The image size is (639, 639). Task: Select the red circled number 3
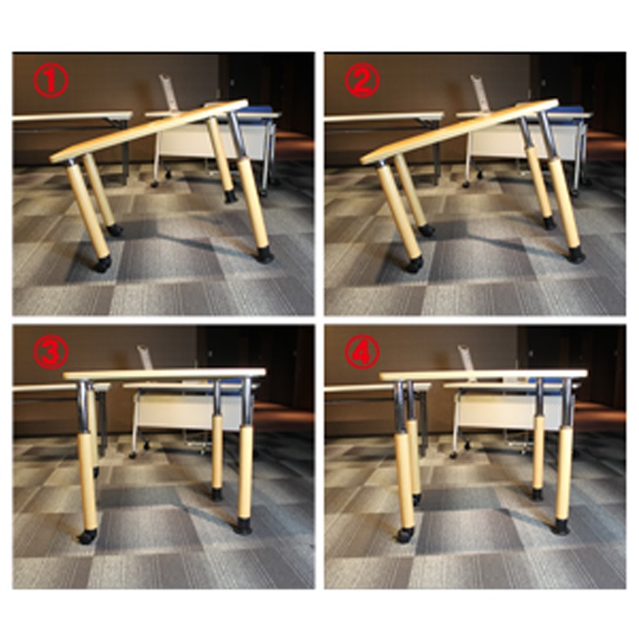50,352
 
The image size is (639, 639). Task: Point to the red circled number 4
362,352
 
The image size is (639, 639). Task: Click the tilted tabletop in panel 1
149,131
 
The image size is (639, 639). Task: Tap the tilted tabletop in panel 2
460,131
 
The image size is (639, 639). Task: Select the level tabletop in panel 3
165,373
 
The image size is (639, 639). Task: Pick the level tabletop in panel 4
484,373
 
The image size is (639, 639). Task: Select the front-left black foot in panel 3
88,537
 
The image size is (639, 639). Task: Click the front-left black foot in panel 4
405,535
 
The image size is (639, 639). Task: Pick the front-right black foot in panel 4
563,526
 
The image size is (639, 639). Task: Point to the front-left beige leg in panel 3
88,483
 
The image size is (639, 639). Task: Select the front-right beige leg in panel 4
563,474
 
